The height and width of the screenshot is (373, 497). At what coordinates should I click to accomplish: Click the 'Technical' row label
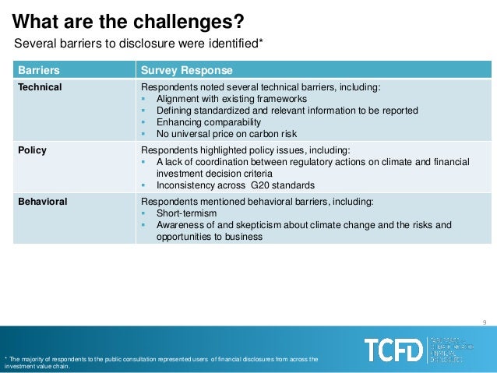41,87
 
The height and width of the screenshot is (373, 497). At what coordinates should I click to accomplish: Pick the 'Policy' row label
33,150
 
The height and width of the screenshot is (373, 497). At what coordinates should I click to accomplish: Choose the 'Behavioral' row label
43,202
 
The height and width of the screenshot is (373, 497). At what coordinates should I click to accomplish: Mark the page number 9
485,323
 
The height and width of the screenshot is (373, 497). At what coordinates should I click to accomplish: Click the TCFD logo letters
393,350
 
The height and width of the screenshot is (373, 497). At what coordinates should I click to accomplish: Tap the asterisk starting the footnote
5,358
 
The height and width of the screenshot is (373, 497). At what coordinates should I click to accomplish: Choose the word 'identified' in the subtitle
236,43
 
